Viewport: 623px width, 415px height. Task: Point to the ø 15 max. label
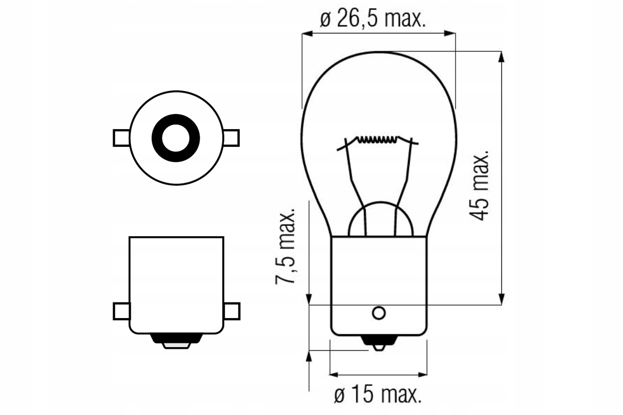point(377,396)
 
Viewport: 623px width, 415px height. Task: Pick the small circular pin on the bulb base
point(379,313)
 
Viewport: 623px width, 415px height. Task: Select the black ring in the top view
point(176,138)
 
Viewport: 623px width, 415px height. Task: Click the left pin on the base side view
point(121,311)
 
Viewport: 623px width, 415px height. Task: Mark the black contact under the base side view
point(176,340)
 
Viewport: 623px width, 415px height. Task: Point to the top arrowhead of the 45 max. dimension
point(502,57)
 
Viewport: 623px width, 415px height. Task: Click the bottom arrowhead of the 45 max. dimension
point(502,299)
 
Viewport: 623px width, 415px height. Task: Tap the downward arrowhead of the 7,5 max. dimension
point(309,299)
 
